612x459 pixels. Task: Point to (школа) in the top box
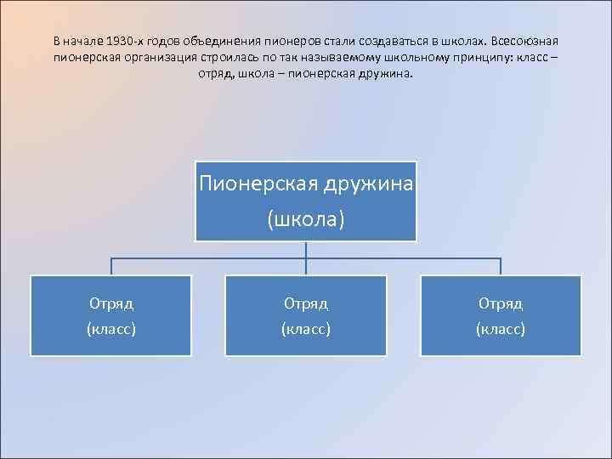pos(306,219)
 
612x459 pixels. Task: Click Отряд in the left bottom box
pos(111,303)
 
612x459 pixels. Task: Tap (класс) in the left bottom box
pos(111,328)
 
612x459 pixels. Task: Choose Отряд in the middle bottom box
pos(306,303)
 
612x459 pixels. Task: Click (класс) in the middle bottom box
pos(306,328)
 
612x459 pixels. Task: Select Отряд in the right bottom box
pos(501,303)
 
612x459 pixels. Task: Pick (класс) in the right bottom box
pos(501,328)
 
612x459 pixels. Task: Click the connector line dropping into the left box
pos(111,266)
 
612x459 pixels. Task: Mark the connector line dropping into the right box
pos(501,266)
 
